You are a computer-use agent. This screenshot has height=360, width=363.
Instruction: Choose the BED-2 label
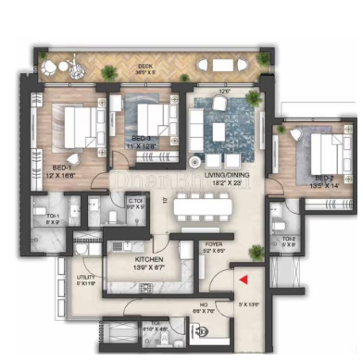pos(322,179)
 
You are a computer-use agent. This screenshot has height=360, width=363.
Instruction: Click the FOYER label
pos(214,246)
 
